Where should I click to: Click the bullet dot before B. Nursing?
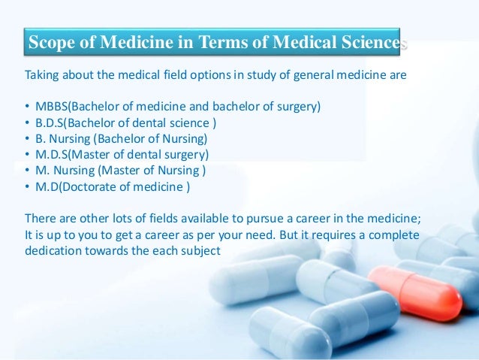pyautogui.click(x=28, y=139)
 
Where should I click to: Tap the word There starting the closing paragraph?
pyautogui.click(x=40, y=219)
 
